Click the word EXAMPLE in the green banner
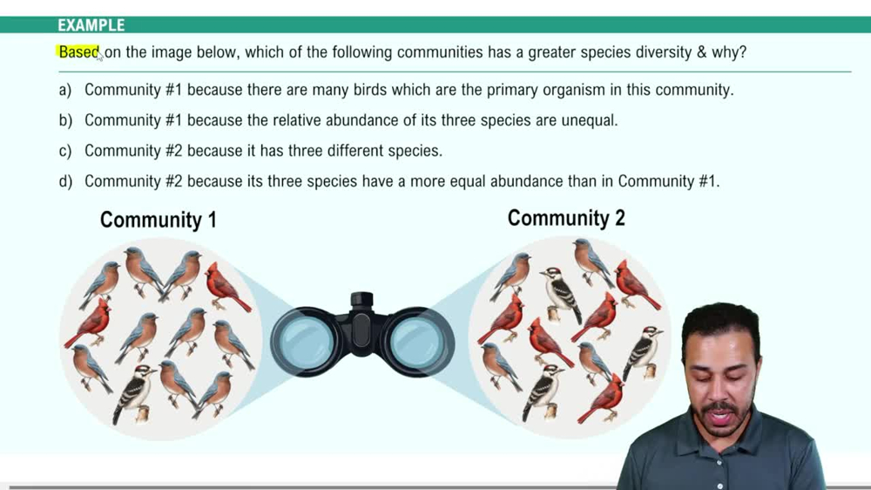point(91,25)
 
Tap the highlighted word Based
point(78,52)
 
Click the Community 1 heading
point(158,220)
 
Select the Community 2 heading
point(566,218)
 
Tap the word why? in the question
point(729,52)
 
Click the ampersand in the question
point(701,52)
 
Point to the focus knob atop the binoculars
point(361,301)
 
